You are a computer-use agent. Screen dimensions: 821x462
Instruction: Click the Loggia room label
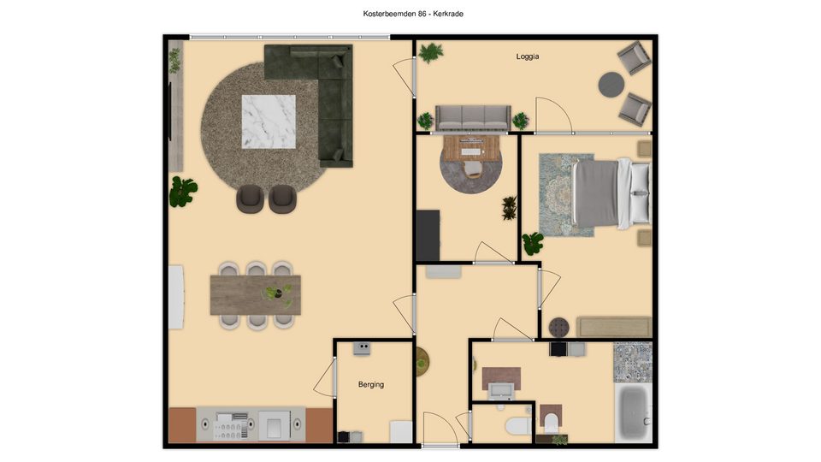(528, 56)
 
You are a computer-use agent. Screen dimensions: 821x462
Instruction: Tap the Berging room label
(370, 384)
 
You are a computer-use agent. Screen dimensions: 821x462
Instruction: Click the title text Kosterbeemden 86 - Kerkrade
(413, 14)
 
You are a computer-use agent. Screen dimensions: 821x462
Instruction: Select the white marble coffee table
(268, 121)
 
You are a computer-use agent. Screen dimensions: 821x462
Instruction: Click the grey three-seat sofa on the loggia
(473, 118)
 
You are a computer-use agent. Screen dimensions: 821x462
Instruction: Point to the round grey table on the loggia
(611, 85)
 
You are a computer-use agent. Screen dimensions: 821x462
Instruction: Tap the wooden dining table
(256, 295)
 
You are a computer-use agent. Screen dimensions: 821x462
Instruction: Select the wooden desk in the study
(470, 148)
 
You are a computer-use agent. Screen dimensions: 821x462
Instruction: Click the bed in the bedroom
(611, 193)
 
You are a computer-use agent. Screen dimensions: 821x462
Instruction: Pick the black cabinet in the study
(428, 235)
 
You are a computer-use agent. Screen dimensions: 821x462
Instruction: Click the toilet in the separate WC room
(518, 426)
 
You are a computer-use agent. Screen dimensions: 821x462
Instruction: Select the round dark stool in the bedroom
(558, 328)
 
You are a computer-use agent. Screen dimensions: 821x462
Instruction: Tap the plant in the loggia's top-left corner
(430, 52)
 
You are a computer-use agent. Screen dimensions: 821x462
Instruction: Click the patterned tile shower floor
(633, 362)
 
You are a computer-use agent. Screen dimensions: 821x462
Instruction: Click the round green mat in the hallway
(422, 361)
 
